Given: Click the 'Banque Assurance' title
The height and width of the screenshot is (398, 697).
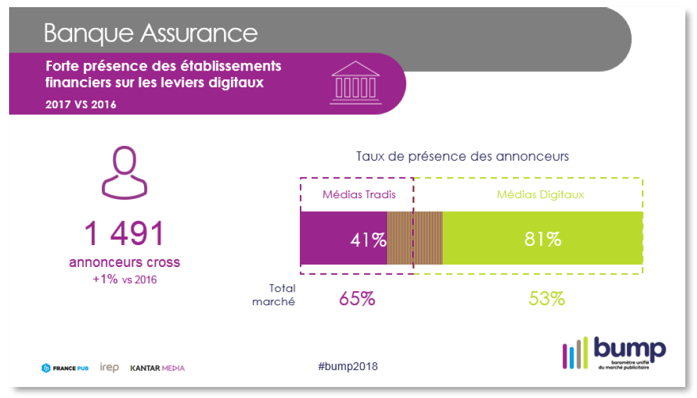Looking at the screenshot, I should pyautogui.click(x=151, y=32).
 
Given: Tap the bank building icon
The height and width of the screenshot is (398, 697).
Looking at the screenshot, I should pyautogui.click(x=355, y=82).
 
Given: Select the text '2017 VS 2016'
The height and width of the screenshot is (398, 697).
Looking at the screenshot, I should pyautogui.click(x=81, y=104).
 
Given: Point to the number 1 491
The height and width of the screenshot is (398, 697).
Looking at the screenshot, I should pyautogui.click(x=125, y=233).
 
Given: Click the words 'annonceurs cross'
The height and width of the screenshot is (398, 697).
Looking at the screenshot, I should pyautogui.click(x=125, y=263).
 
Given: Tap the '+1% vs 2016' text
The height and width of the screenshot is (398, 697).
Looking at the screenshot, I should pyautogui.click(x=125, y=279).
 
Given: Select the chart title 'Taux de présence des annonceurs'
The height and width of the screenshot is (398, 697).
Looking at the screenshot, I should pyautogui.click(x=463, y=156).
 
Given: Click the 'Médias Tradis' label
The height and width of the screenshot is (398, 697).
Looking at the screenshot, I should pyautogui.click(x=359, y=194).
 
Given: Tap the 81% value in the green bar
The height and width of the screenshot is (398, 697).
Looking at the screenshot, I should pyautogui.click(x=543, y=239).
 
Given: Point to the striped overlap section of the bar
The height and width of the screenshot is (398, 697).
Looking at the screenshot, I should pyautogui.click(x=415, y=239).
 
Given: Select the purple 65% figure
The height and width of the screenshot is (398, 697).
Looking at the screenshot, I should pyautogui.click(x=357, y=299).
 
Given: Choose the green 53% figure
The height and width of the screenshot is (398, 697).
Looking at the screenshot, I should pyautogui.click(x=546, y=299).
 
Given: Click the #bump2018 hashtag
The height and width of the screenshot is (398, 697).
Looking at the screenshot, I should pyautogui.click(x=348, y=367).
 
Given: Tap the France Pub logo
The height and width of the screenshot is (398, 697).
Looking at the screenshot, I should pyautogui.click(x=65, y=368).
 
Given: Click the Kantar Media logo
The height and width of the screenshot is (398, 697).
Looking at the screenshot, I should pyautogui.click(x=157, y=368).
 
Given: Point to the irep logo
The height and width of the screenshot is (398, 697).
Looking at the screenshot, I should pyautogui.click(x=109, y=368).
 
